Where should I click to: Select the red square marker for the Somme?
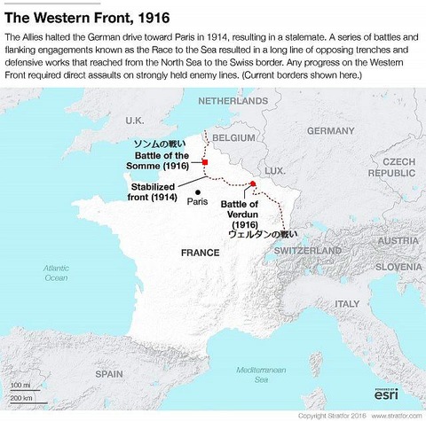[x=205, y=162]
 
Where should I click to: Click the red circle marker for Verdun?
[x=253, y=183]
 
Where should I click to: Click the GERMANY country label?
[x=330, y=130]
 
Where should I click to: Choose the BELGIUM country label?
[x=234, y=139]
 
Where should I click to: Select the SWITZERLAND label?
[x=307, y=251]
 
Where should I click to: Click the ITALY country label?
[x=346, y=303]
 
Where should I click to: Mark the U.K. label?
[x=135, y=120]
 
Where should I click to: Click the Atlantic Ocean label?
[x=56, y=272]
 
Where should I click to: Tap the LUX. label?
[x=274, y=169]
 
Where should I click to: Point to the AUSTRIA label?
[x=398, y=241]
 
